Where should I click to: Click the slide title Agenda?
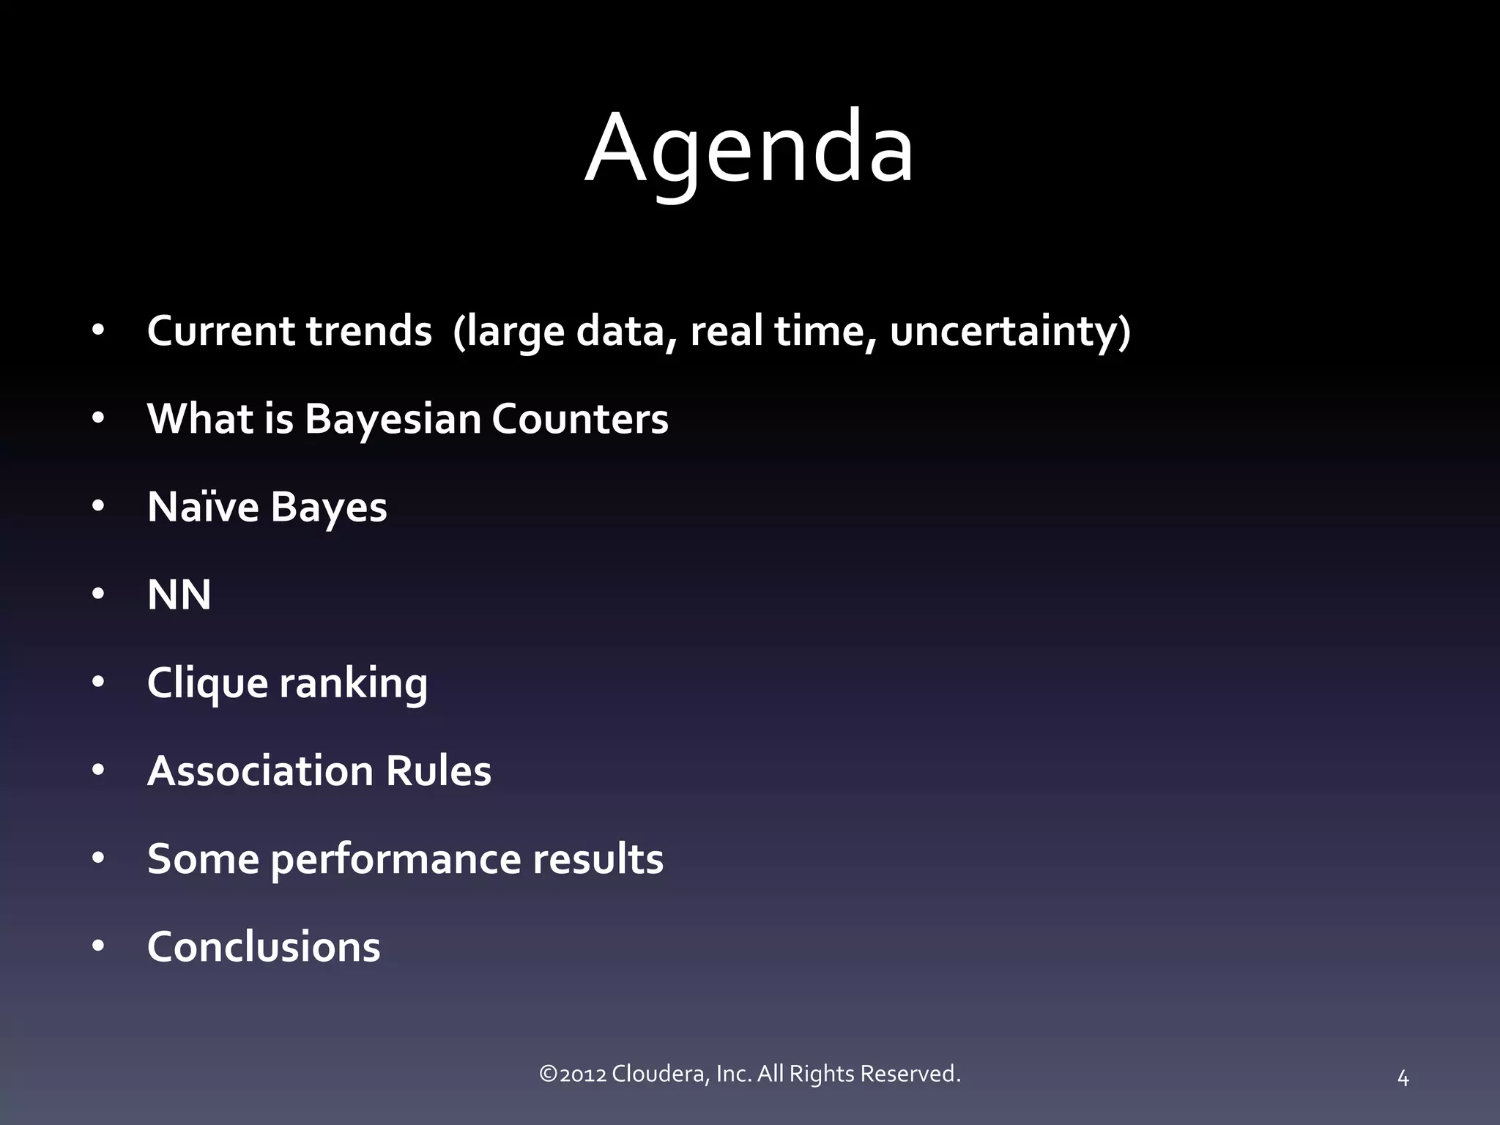click(749, 150)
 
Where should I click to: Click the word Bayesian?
click(392, 419)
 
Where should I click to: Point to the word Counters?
click(579, 419)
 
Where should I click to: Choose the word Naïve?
click(203, 507)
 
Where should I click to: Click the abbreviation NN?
click(179, 595)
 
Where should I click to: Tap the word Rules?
click(438, 771)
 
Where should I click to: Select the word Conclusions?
click(264, 947)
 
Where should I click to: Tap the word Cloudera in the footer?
click(660, 1074)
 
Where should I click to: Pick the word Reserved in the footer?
click(910, 1074)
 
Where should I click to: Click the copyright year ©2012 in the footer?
click(572, 1074)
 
